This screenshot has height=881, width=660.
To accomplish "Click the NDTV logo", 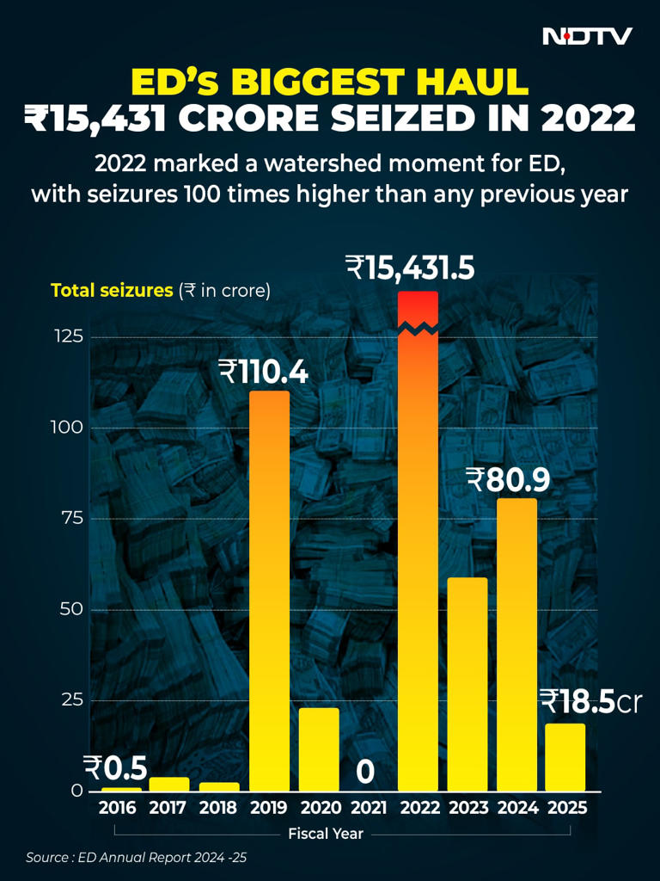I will coord(588,36).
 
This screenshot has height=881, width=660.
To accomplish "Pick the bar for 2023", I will coord(467,684).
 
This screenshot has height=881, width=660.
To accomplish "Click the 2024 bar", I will coord(516,644).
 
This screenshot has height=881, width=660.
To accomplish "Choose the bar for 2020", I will coord(319,749).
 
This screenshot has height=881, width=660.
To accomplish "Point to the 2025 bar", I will coord(565,757).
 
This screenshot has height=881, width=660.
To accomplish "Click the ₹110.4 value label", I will coord(263,372).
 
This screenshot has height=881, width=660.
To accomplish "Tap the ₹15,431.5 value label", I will coord(410,268).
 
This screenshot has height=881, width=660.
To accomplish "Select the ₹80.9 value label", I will coord(507,479).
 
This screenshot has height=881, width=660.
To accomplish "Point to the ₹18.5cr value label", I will coord(590,702).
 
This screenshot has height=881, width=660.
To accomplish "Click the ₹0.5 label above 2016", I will coord(115,767).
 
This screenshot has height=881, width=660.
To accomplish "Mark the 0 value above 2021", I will coord(365,773).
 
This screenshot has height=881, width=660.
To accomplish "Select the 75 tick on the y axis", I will coord(72,518).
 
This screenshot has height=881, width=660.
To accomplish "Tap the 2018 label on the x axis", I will coord(218,809).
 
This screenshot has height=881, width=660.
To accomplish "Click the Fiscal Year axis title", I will coord(326,834).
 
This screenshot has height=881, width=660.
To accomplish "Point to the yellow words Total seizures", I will coord(112,291).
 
